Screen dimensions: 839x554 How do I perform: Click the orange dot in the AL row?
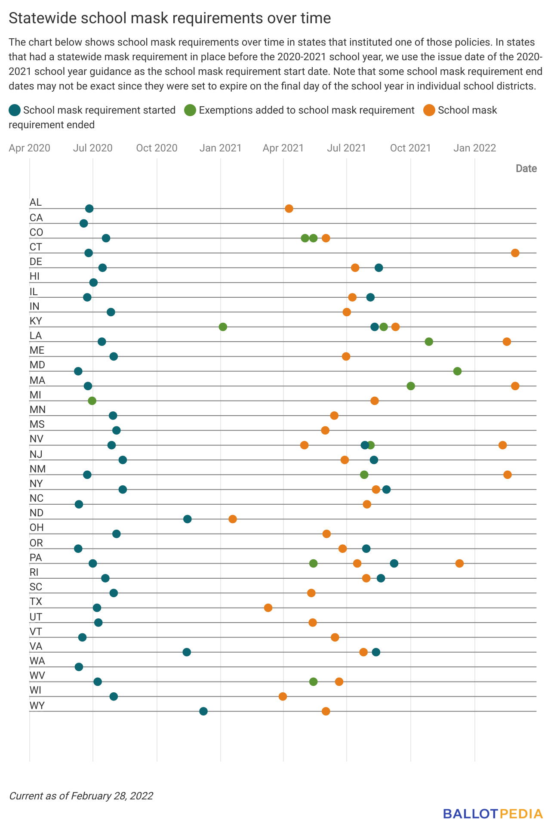tap(289, 209)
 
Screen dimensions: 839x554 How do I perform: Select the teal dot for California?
tap(84, 223)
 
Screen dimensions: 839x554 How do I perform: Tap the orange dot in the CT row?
tap(515, 253)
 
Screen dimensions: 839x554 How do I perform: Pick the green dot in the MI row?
tap(92, 401)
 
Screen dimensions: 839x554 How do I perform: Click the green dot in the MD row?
tap(457, 371)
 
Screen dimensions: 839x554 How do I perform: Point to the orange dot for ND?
tap(233, 519)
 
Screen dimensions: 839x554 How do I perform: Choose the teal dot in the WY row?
tap(203, 711)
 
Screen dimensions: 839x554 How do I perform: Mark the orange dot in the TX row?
tap(268, 608)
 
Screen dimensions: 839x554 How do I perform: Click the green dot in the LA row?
tap(429, 342)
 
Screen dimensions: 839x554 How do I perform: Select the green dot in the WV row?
tap(314, 682)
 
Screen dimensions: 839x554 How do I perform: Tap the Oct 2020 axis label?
tap(157, 148)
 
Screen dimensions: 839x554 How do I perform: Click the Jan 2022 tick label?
tap(475, 148)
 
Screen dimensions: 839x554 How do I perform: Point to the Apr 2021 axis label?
tap(283, 148)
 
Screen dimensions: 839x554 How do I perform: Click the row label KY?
tap(36, 321)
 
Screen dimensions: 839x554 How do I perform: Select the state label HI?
tap(34, 276)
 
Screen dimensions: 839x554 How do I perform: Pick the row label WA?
tap(37, 661)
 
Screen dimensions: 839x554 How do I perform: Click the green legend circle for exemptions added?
tap(190, 110)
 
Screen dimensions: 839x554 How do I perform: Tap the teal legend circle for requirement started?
tap(15, 110)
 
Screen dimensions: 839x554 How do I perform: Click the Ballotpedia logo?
tap(493, 814)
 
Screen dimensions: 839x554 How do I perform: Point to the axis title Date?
tap(526, 168)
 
